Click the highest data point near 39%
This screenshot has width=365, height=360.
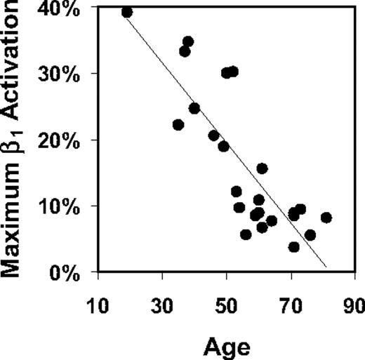pos(127,12)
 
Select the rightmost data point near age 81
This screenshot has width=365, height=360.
pos(326,218)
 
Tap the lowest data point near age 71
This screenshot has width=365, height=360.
pos(293,246)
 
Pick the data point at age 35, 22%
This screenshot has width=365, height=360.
pos(178,125)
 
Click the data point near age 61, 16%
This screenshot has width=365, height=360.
pos(262,168)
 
